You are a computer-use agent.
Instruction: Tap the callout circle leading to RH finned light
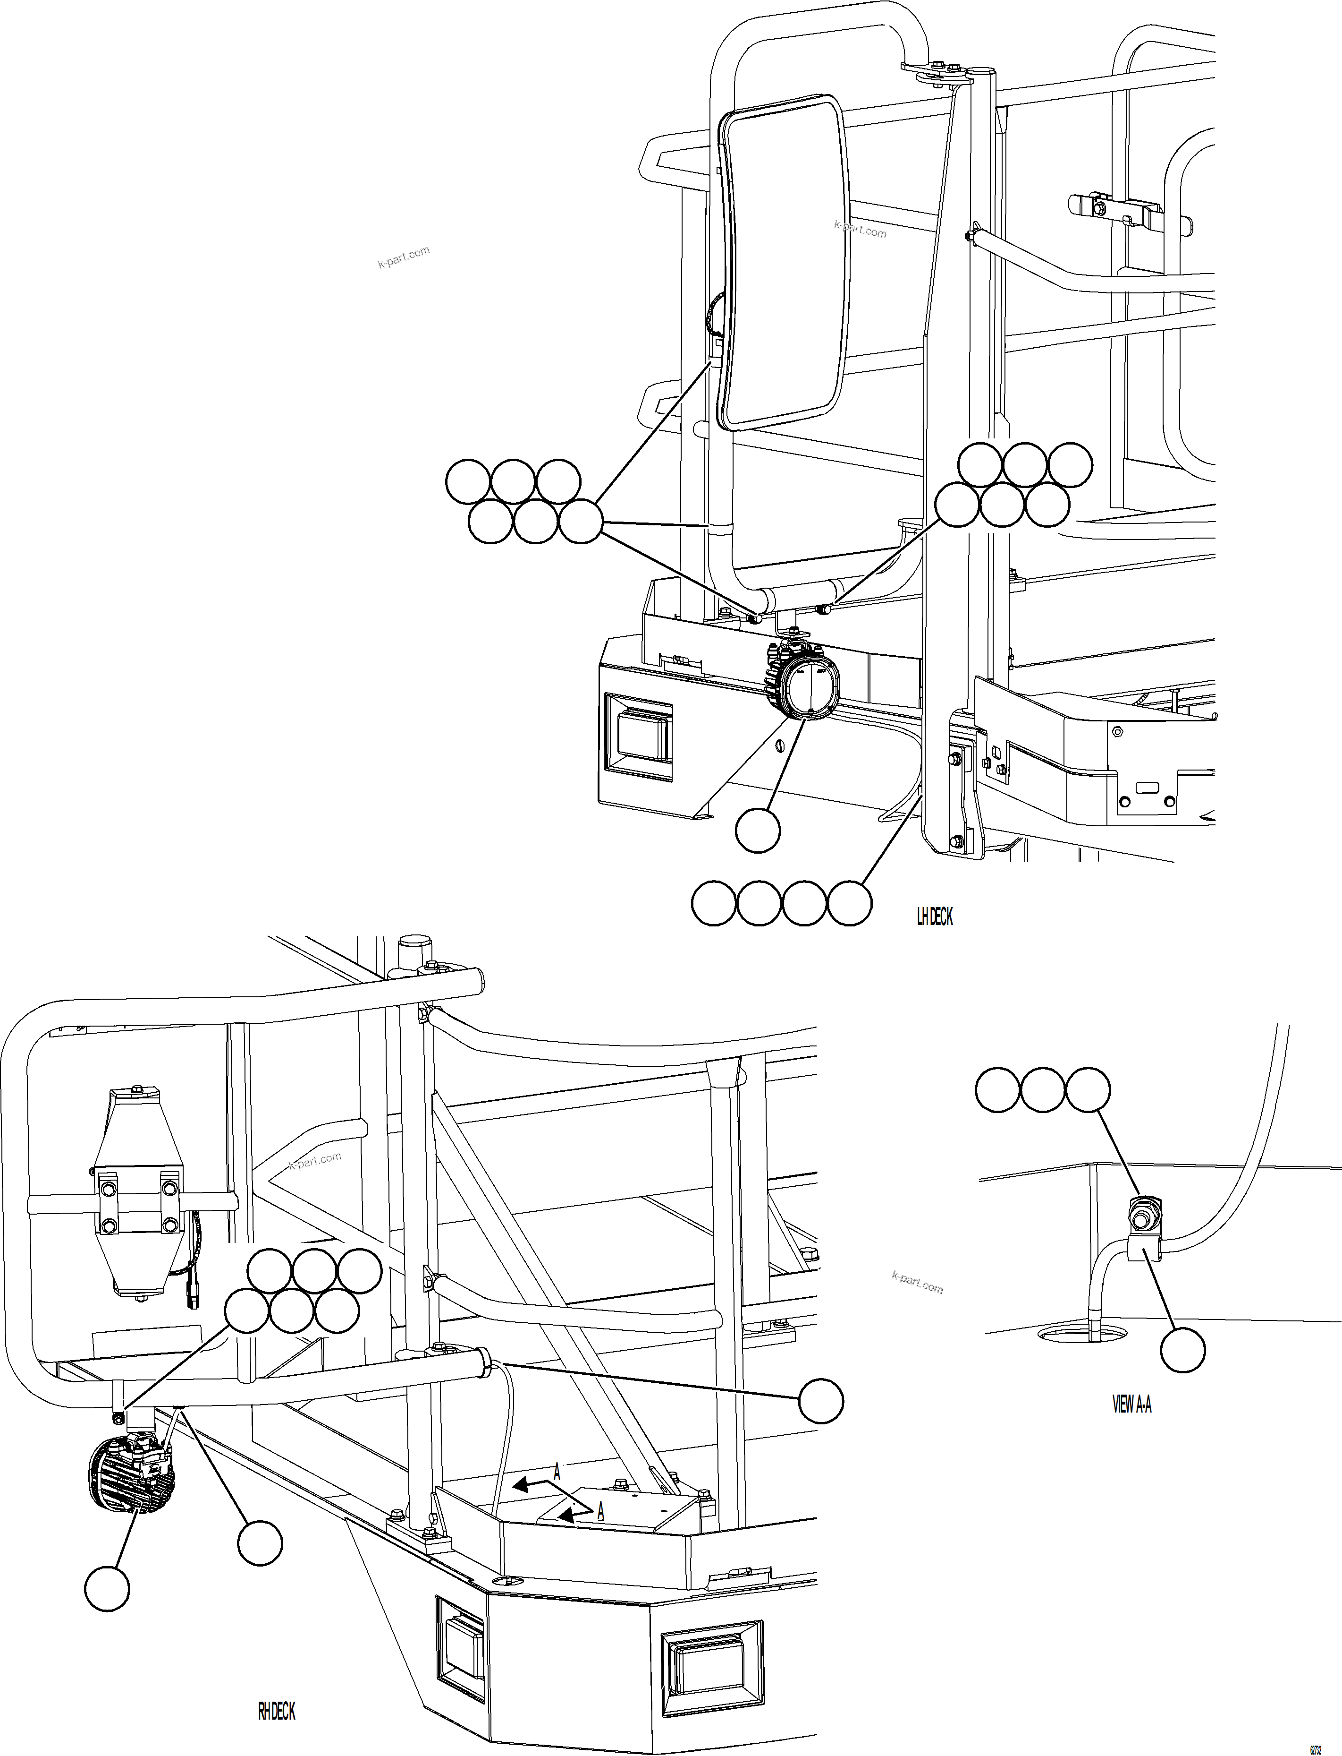click(x=108, y=1588)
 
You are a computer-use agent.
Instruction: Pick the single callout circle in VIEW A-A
click(x=1182, y=1351)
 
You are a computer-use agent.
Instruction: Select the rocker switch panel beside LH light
click(x=639, y=736)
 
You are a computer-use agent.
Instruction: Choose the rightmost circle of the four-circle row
click(x=849, y=903)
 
